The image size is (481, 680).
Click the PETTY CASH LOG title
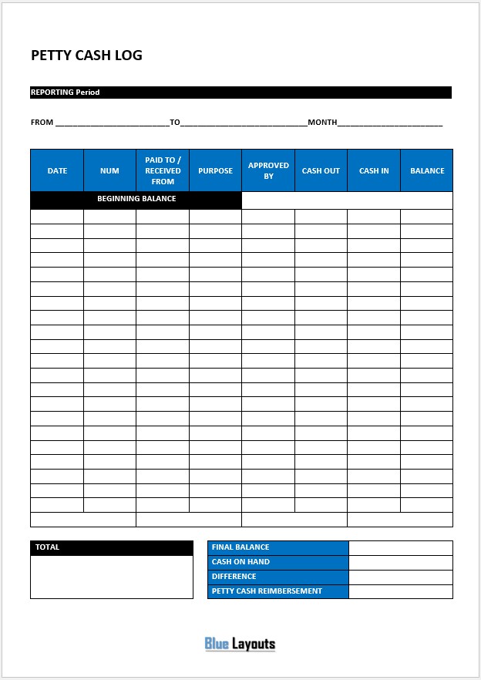(x=86, y=56)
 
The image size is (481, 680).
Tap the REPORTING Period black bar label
(x=66, y=93)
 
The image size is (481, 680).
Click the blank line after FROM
(x=112, y=123)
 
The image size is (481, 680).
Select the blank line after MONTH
(x=390, y=123)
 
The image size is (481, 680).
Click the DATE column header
(x=57, y=170)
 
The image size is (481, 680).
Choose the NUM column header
(x=109, y=170)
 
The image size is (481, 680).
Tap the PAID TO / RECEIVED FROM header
(x=163, y=170)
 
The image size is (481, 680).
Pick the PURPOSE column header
(x=215, y=170)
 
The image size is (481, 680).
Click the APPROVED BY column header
(x=268, y=170)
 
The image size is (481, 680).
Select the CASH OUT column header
(x=321, y=170)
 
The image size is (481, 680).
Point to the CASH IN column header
(x=374, y=170)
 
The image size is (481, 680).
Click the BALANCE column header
(x=427, y=170)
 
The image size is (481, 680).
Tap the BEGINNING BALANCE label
(x=136, y=199)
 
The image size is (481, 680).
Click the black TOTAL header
(x=112, y=547)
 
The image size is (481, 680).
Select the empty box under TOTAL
(x=112, y=577)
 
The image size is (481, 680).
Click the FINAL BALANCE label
(x=240, y=547)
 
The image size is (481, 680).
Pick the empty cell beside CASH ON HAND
(x=400, y=562)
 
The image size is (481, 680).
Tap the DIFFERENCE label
(x=234, y=577)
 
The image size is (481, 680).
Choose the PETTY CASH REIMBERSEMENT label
(x=267, y=591)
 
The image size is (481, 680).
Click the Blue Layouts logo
(x=240, y=644)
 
